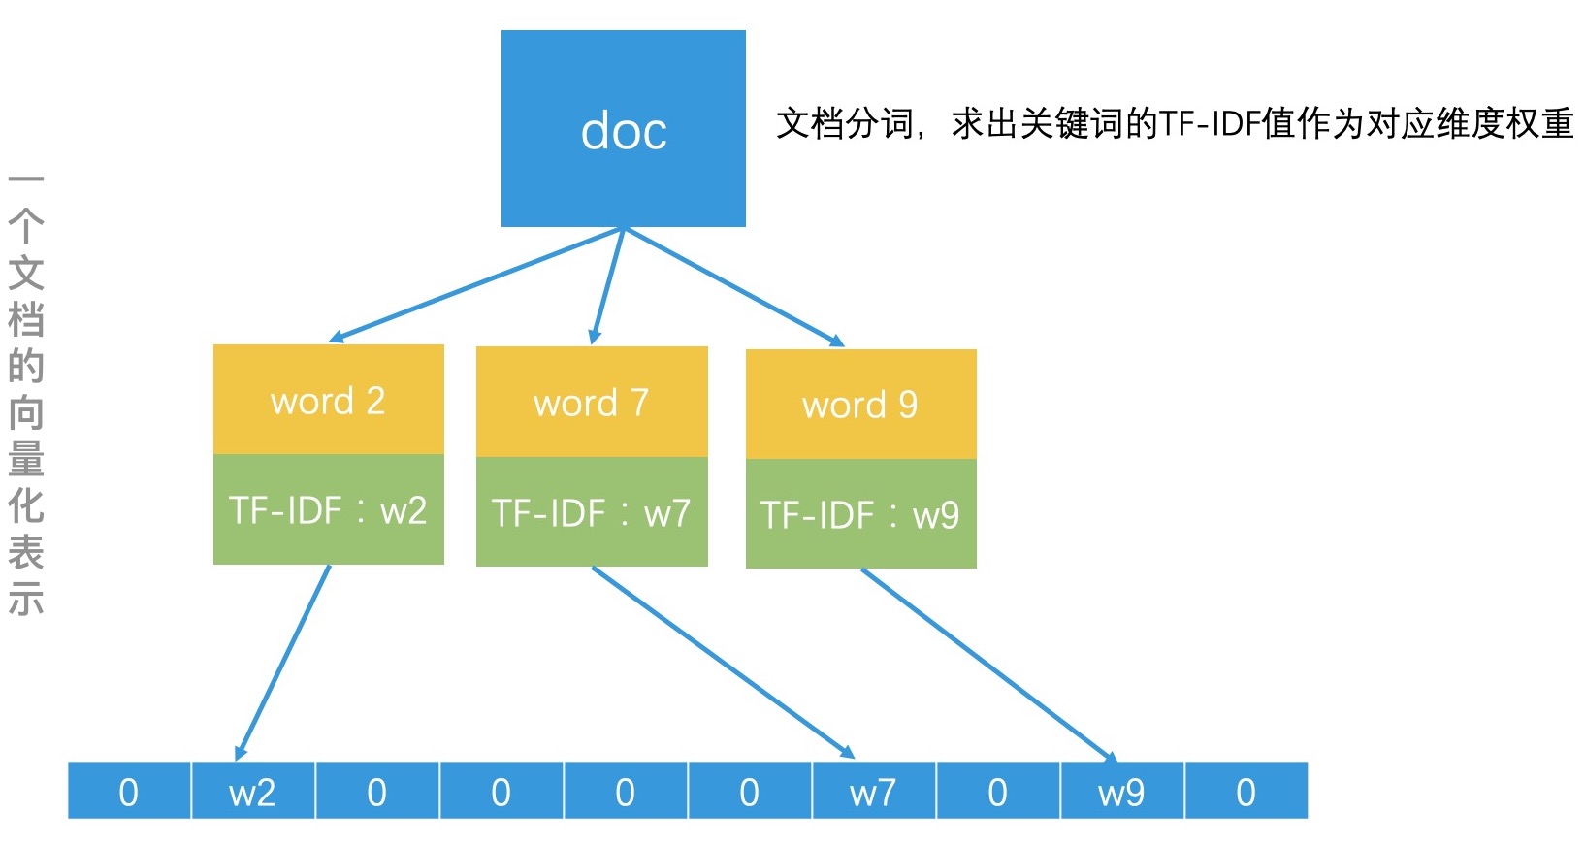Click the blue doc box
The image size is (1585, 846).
pyautogui.click(x=623, y=128)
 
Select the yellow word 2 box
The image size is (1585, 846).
pyautogui.click(x=329, y=400)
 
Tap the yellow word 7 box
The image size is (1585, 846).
pyautogui.click(x=592, y=402)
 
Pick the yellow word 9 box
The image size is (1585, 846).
pyautogui.click(x=860, y=404)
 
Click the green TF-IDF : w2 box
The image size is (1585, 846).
pyautogui.click(x=329, y=509)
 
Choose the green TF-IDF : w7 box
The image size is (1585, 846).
pyautogui.click(x=592, y=512)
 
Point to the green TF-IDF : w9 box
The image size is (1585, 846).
pyautogui.click(x=860, y=514)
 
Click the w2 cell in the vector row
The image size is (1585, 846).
pyautogui.click(x=252, y=792)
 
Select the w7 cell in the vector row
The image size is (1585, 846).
pyautogui.click(x=873, y=792)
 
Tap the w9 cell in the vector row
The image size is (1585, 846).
pyautogui.click(x=1121, y=792)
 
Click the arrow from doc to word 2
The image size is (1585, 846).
pyautogui.click(x=475, y=284)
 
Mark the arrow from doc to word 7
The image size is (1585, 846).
pyautogui.click(x=608, y=286)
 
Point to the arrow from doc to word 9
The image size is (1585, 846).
pyautogui.click(x=733, y=287)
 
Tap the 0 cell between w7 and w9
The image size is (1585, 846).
pyautogui.click(x=997, y=792)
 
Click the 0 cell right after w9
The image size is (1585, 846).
pyautogui.click(x=1245, y=792)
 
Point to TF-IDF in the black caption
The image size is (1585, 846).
pyautogui.click(x=1210, y=124)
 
